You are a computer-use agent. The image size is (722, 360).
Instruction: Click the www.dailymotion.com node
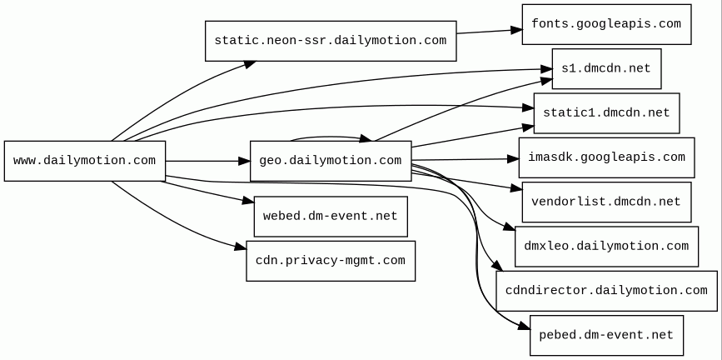tap(85, 161)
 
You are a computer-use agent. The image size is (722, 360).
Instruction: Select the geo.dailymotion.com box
tap(331, 161)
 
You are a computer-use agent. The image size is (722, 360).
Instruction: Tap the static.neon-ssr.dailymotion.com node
tap(331, 41)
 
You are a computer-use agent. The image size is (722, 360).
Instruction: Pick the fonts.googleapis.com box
tap(606, 24)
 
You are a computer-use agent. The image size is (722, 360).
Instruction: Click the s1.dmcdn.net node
tap(606, 68)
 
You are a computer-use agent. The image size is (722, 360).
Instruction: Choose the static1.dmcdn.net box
tap(606, 113)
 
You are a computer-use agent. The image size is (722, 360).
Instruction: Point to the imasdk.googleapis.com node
tap(606, 157)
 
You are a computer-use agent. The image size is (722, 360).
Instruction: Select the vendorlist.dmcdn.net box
tap(606, 202)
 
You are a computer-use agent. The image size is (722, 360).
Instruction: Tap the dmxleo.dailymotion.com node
tap(606, 246)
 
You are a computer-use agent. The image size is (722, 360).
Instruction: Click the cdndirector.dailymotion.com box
tap(606, 291)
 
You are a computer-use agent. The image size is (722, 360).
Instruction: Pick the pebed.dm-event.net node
tap(606, 335)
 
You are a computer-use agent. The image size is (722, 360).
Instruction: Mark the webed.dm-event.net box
tap(331, 217)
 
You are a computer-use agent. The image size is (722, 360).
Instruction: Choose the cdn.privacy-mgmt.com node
tap(331, 261)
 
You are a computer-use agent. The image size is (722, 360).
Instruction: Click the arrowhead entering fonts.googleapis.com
tap(516, 31)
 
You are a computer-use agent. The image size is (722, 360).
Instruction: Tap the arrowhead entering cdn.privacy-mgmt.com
tap(241, 247)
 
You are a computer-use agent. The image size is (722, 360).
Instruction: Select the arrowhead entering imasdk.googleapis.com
tap(513, 159)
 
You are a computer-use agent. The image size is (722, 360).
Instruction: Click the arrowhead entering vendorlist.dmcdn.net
tap(516, 188)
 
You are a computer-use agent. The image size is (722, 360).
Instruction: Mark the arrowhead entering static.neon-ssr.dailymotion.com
tap(250, 64)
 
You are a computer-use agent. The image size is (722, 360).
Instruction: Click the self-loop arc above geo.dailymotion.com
tap(328, 137)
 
